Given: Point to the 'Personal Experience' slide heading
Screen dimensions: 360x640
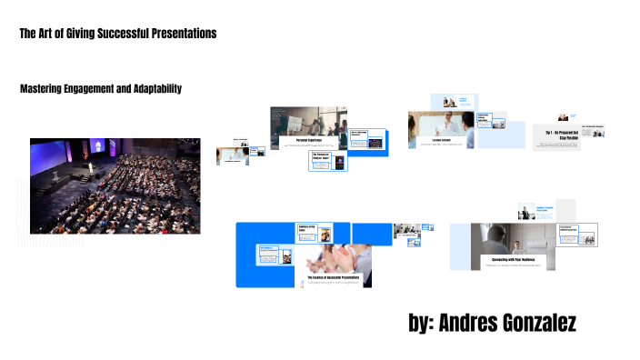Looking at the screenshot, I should click(304, 138).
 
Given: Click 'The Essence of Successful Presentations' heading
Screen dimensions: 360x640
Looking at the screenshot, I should click(334, 276).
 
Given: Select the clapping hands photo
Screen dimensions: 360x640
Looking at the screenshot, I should click(341, 255).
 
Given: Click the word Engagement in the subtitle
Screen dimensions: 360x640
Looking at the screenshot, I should click(84, 88).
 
